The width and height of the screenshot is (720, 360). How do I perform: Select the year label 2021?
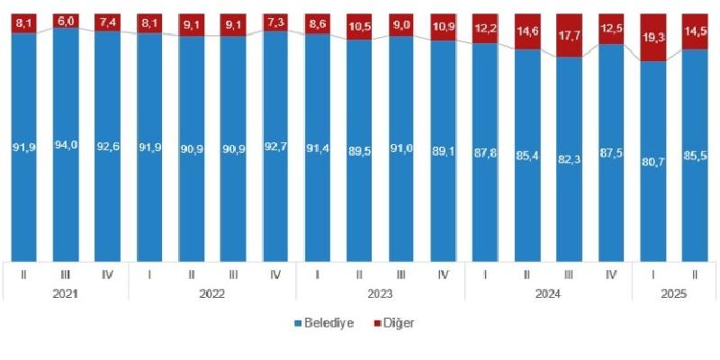click(67, 292)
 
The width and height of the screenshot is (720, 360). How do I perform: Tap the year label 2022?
click(213, 292)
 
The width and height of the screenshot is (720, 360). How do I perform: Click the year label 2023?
click(380, 292)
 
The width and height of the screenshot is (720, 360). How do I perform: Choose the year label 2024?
click(547, 292)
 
